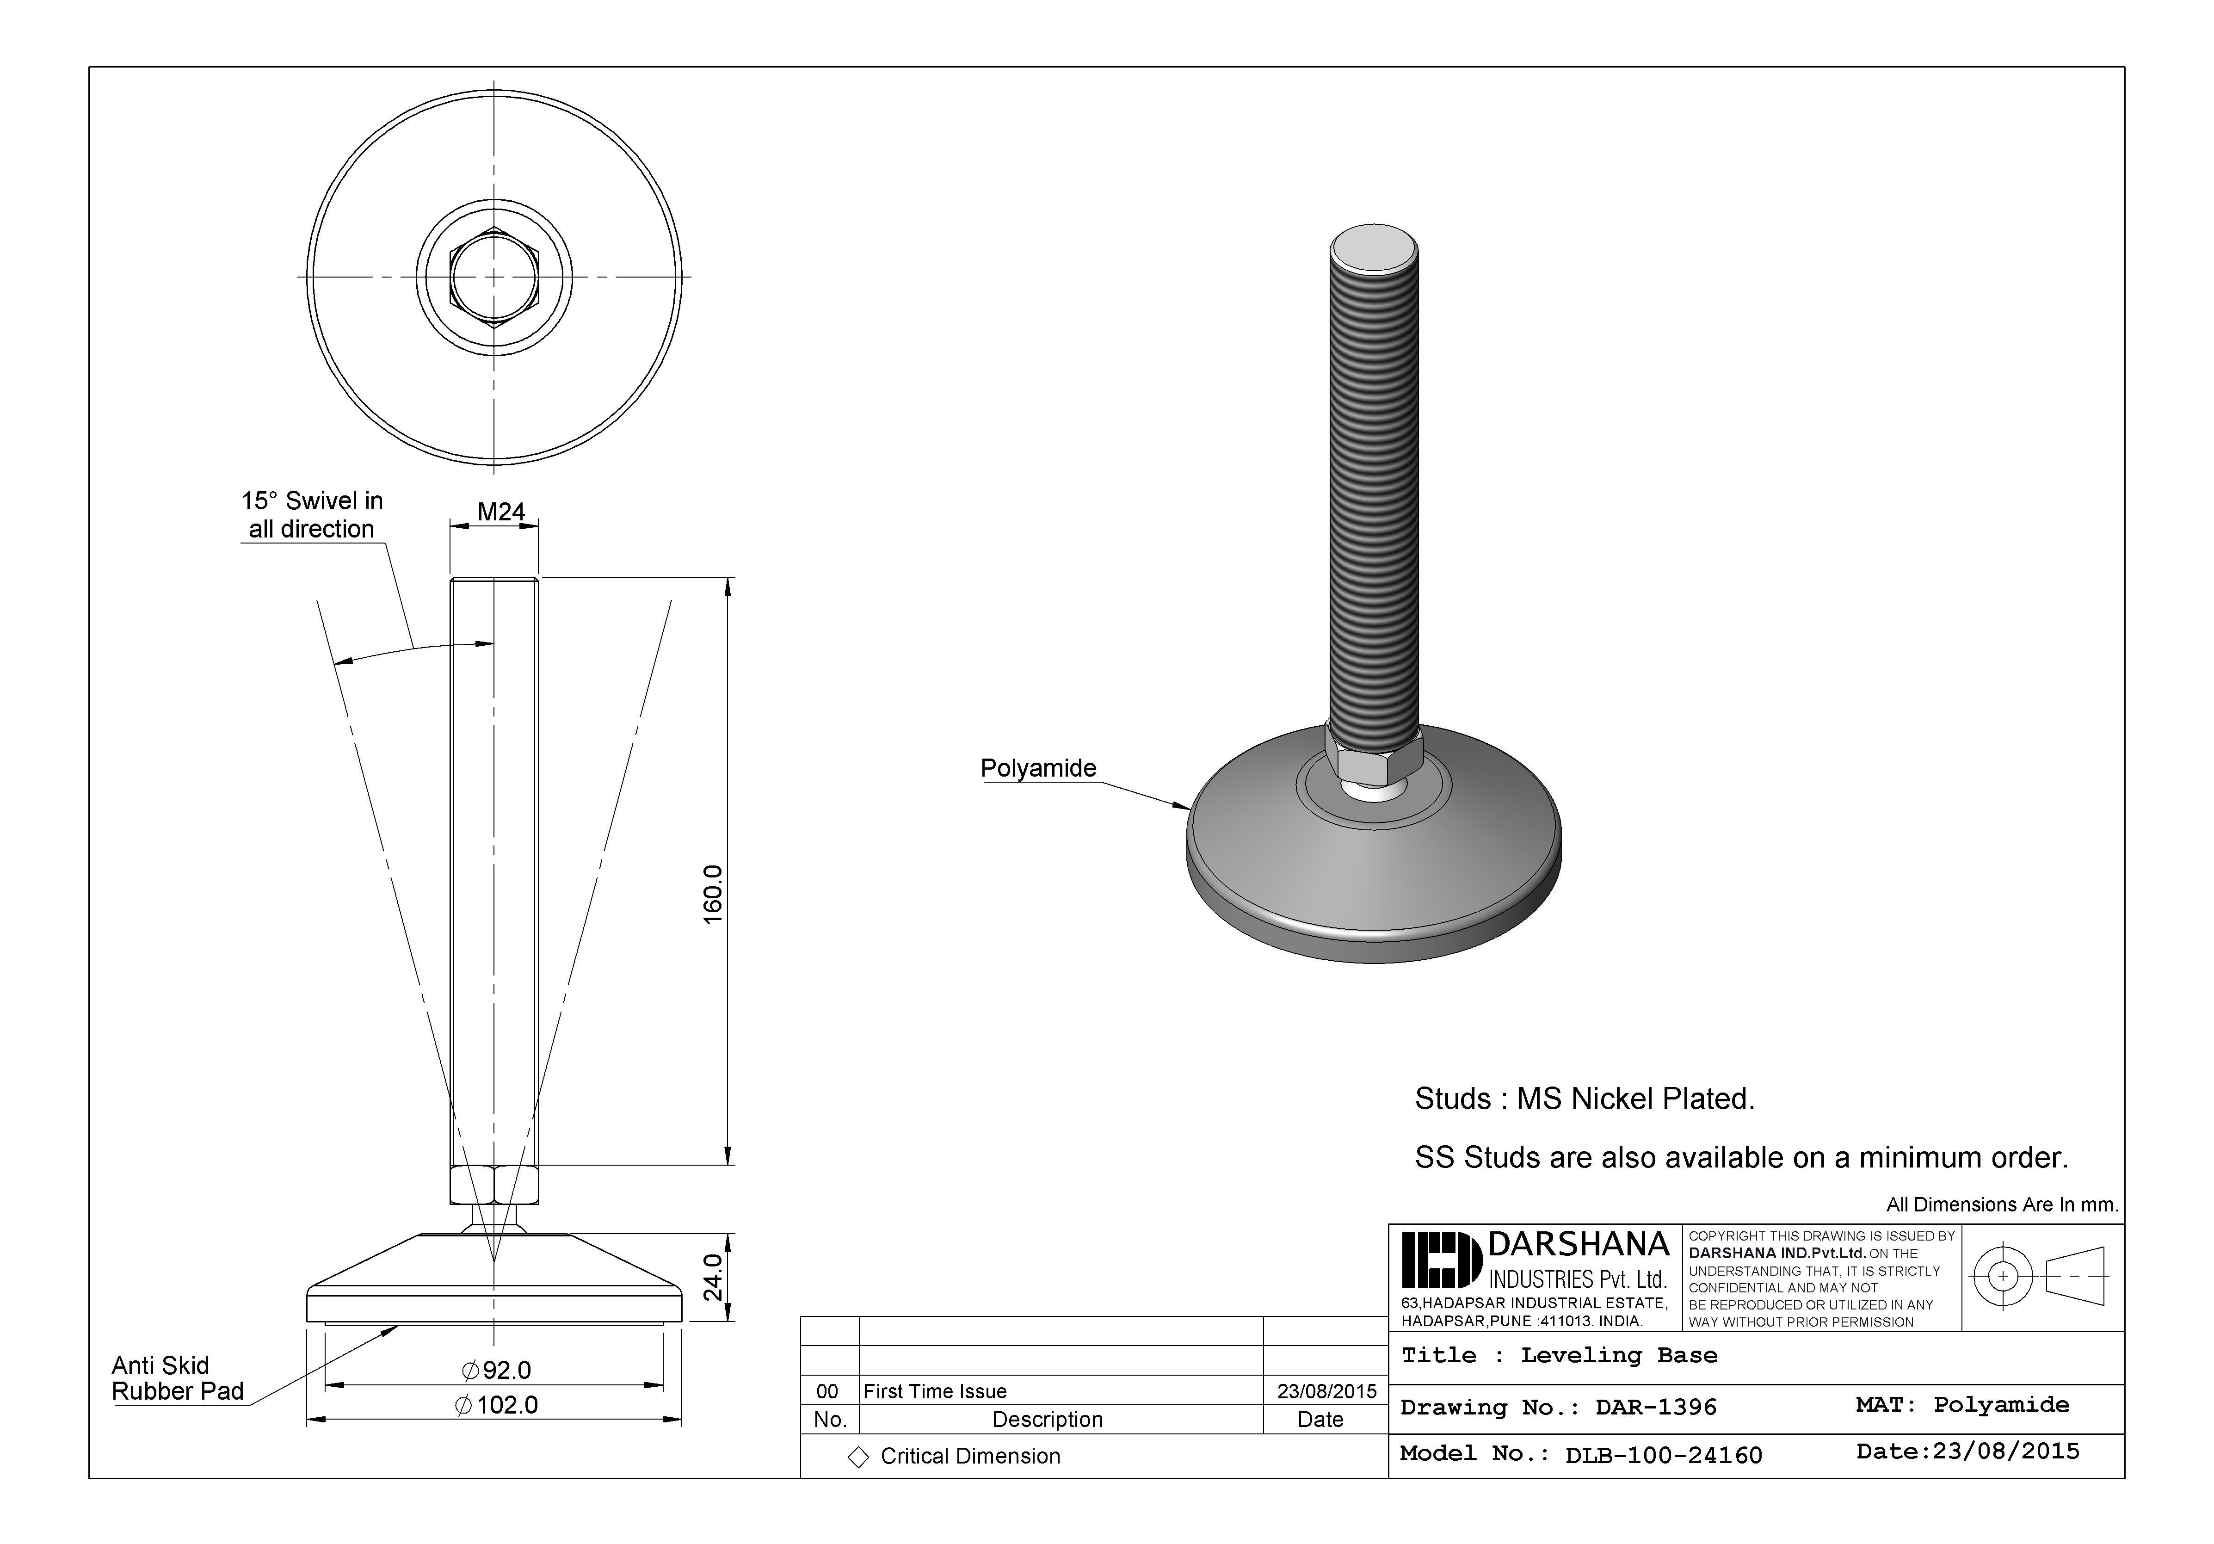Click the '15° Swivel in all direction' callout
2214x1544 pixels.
pyautogui.click(x=311, y=515)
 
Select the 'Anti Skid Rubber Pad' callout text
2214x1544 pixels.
pyautogui.click(x=178, y=1378)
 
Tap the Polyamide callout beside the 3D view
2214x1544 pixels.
pyautogui.click(x=1038, y=769)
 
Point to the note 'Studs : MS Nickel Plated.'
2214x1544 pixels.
pyautogui.click(x=1585, y=1099)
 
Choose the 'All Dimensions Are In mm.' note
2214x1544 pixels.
pyautogui.click(x=2002, y=1204)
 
